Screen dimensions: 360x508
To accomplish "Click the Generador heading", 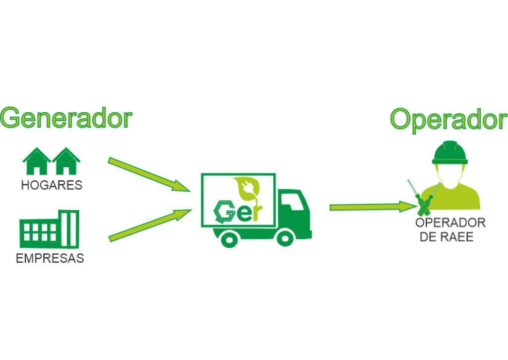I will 66,118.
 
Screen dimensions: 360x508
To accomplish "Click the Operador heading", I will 448,119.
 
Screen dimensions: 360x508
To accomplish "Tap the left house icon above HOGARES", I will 36,161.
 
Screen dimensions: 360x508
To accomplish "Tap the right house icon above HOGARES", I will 67,161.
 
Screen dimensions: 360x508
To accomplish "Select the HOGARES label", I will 52,186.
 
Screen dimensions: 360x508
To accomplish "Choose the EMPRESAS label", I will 50,259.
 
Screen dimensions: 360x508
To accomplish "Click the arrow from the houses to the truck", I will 149,174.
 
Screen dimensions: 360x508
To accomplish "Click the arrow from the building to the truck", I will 149,225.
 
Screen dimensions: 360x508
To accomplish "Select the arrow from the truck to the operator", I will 372,206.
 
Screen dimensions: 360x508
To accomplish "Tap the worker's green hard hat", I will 449,152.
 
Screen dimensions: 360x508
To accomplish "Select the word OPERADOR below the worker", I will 450,223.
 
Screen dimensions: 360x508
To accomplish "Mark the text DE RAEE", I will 446,237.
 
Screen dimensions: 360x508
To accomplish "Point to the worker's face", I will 449,174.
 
